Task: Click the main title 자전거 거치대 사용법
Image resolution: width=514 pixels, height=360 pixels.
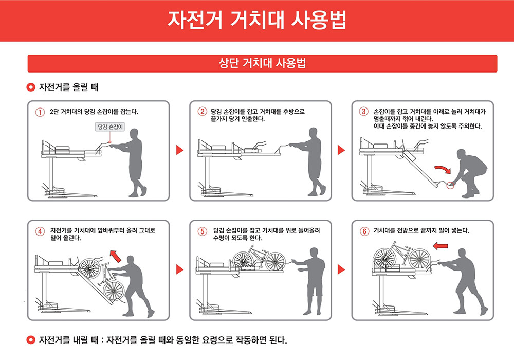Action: (256, 20)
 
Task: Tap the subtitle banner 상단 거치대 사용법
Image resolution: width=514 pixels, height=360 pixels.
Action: (262, 63)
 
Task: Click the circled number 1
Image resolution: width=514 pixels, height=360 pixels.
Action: (40, 112)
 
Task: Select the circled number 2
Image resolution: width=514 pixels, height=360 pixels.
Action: (202, 112)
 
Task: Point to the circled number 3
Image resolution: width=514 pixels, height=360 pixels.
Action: (363, 112)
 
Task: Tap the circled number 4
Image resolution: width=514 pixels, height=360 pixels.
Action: (40, 231)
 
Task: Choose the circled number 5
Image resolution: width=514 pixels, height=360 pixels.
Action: (202, 231)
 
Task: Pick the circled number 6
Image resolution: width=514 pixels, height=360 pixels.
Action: (364, 231)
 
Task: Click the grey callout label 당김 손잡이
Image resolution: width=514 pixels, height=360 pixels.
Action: (110, 127)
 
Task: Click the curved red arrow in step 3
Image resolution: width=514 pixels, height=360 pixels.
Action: (443, 169)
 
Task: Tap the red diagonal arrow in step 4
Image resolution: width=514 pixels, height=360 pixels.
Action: (115, 256)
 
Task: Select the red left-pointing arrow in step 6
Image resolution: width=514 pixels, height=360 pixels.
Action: (440, 246)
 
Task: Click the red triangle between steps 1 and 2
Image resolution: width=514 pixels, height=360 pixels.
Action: (179, 150)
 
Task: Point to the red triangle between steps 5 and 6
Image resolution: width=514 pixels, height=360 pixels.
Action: (341, 269)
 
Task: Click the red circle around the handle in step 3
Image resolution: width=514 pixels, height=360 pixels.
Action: (450, 185)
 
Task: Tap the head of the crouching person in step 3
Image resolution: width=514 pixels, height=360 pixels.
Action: (461, 154)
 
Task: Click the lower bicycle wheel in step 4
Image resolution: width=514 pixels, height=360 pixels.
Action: (114, 290)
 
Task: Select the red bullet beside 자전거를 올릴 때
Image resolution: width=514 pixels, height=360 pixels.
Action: (31, 87)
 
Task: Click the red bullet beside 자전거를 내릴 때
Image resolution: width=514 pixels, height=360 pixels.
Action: (31, 340)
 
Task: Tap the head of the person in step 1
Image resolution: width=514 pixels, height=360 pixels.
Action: (134, 133)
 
